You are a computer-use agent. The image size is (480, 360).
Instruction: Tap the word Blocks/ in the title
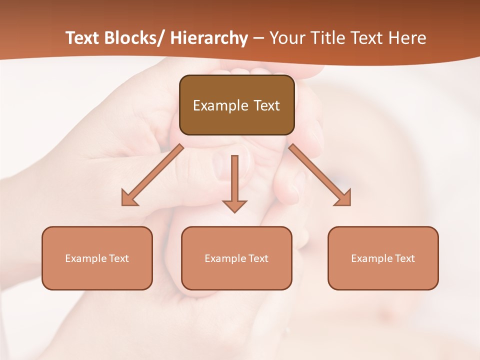132,38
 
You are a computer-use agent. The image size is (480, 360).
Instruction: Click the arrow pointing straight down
234,180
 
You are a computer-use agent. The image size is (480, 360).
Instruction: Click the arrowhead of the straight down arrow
234,205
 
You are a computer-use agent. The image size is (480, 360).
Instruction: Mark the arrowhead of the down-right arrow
343,198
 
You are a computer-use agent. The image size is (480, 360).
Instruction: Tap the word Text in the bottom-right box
405,258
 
